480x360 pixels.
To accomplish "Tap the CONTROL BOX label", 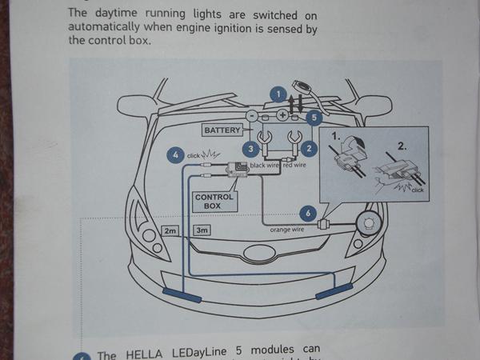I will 214,201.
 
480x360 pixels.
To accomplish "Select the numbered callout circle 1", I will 277,94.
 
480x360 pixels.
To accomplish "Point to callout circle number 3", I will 250,148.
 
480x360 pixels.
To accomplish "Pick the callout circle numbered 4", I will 175,154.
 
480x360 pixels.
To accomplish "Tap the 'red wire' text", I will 294,166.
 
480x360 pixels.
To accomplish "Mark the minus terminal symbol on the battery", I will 250,116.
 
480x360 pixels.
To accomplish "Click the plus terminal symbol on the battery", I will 282,115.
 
